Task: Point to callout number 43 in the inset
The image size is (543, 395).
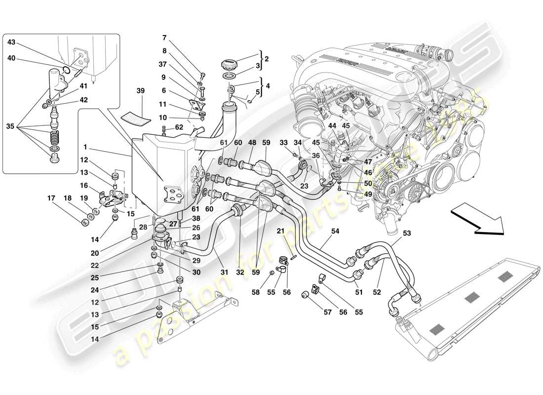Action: (12, 42)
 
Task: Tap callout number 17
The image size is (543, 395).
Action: (51, 199)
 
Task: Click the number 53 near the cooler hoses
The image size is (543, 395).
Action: (407, 234)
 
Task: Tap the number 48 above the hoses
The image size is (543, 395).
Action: (252, 143)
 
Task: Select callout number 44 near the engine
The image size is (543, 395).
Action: (332, 125)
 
